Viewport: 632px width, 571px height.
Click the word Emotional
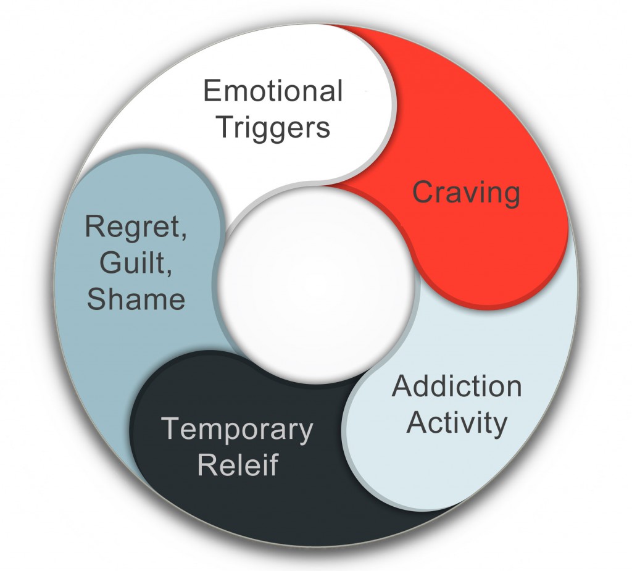(273, 91)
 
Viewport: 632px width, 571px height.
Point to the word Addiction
(457, 386)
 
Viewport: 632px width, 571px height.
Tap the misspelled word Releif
(238, 465)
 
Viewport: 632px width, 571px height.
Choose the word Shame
(136, 299)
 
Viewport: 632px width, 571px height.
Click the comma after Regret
(183, 236)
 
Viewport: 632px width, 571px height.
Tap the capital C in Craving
(422, 193)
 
